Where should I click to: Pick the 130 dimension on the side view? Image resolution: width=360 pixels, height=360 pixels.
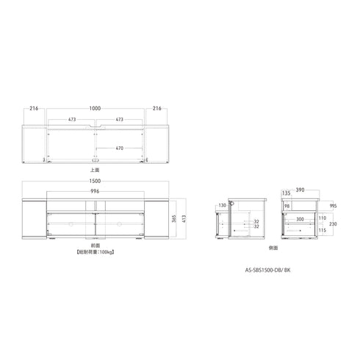coord(221,206)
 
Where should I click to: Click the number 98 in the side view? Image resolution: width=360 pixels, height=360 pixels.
coord(287,206)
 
